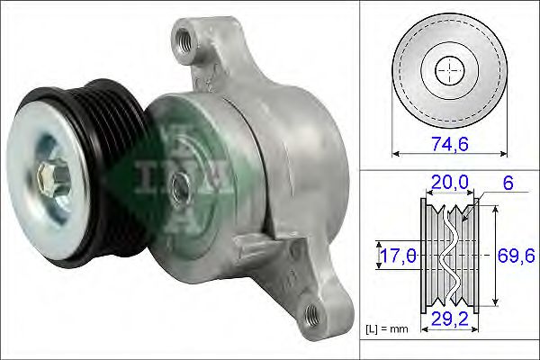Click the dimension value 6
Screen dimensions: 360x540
point(508,184)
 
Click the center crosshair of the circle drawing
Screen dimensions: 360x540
point(446,70)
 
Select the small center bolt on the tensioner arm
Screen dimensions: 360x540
point(182,189)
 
